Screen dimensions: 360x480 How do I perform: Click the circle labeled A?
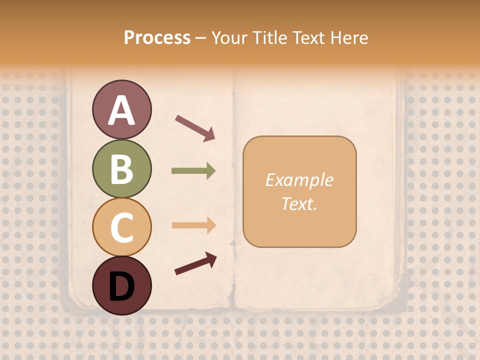click(121, 109)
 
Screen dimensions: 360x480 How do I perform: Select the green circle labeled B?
click(121, 168)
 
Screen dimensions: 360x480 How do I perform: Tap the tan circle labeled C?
click(121, 227)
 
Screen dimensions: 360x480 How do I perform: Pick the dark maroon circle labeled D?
click(121, 285)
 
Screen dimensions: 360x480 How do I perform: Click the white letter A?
click(121, 110)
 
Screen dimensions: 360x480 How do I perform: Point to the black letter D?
click(121, 286)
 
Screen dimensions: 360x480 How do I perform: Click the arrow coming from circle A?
click(195, 128)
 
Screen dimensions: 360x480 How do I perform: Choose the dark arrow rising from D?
click(195, 263)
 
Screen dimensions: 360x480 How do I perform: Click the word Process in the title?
click(157, 38)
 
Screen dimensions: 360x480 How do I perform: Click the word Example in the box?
click(299, 180)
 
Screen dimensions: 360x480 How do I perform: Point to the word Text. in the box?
click(299, 204)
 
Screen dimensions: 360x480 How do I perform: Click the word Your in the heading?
click(229, 38)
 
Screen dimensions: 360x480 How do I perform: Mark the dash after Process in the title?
click(200, 38)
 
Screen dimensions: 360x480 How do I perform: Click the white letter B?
click(121, 169)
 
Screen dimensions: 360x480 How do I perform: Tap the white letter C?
click(121, 227)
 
